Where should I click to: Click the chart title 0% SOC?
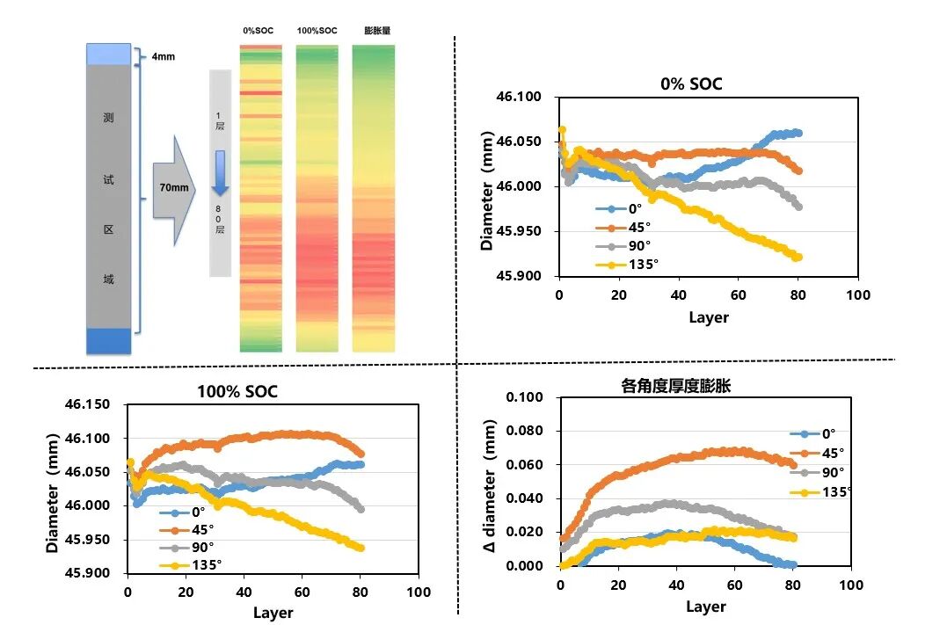691,84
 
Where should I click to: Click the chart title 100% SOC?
237,392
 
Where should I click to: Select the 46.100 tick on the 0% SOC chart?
519,97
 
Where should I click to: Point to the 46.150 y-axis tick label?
88,404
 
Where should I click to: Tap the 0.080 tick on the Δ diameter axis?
524,431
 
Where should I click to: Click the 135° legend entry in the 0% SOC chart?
627,265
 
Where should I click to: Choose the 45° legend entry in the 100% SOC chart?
186,529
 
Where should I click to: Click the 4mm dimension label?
163,57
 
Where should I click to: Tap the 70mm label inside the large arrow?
174,188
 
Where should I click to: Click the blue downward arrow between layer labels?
220,173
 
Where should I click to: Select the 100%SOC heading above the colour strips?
317,31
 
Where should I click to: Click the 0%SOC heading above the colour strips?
259,31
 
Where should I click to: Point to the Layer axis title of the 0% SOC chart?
709,317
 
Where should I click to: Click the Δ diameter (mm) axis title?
490,485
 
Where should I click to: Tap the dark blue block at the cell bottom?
109,341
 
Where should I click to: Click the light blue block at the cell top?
109,55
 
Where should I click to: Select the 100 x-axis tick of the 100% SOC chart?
419,592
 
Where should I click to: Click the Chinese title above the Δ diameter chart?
676,386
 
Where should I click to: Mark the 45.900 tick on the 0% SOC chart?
519,276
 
